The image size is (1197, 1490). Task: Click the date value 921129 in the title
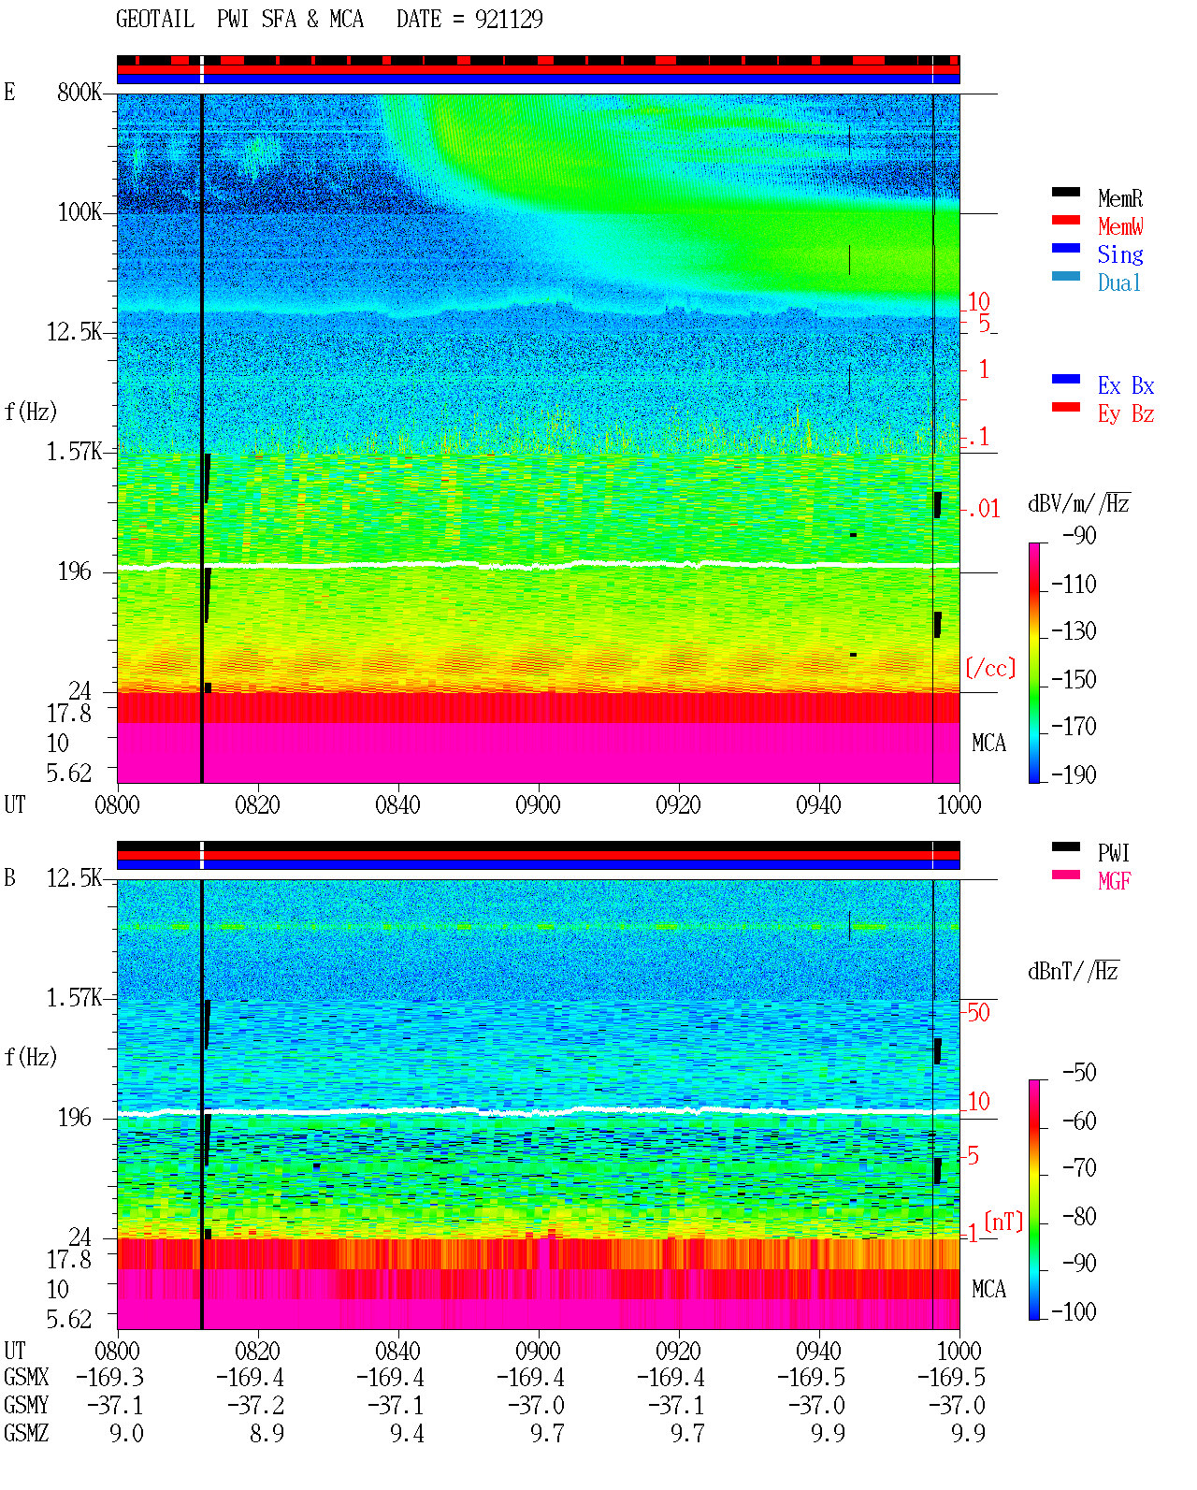[509, 20]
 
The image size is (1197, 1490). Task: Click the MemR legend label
[1119, 198]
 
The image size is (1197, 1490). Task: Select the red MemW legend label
[1120, 226]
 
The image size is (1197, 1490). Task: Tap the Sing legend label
[1119, 254]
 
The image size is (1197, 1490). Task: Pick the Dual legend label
[1119, 282]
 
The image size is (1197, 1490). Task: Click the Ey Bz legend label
[1126, 414]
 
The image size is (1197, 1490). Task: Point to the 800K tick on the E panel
[79, 92]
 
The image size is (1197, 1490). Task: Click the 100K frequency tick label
[79, 212]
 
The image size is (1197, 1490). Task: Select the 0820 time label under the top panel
[257, 804]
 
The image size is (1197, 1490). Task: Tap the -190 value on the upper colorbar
[1073, 774]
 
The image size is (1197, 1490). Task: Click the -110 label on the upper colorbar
[1073, 585]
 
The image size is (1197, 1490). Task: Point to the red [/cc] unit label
[990, 668]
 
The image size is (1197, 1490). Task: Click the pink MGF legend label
[1114, 881]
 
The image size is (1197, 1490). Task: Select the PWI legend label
[1113, 853]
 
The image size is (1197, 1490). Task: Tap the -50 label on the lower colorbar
[1079, 1073]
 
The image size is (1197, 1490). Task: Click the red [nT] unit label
[1003, 1222]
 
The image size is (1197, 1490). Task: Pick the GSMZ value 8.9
[267, 1433]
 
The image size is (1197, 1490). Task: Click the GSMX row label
[26, 1378]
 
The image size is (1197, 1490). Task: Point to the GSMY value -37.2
[255, 1406]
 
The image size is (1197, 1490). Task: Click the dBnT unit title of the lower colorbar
[1073, 972]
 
